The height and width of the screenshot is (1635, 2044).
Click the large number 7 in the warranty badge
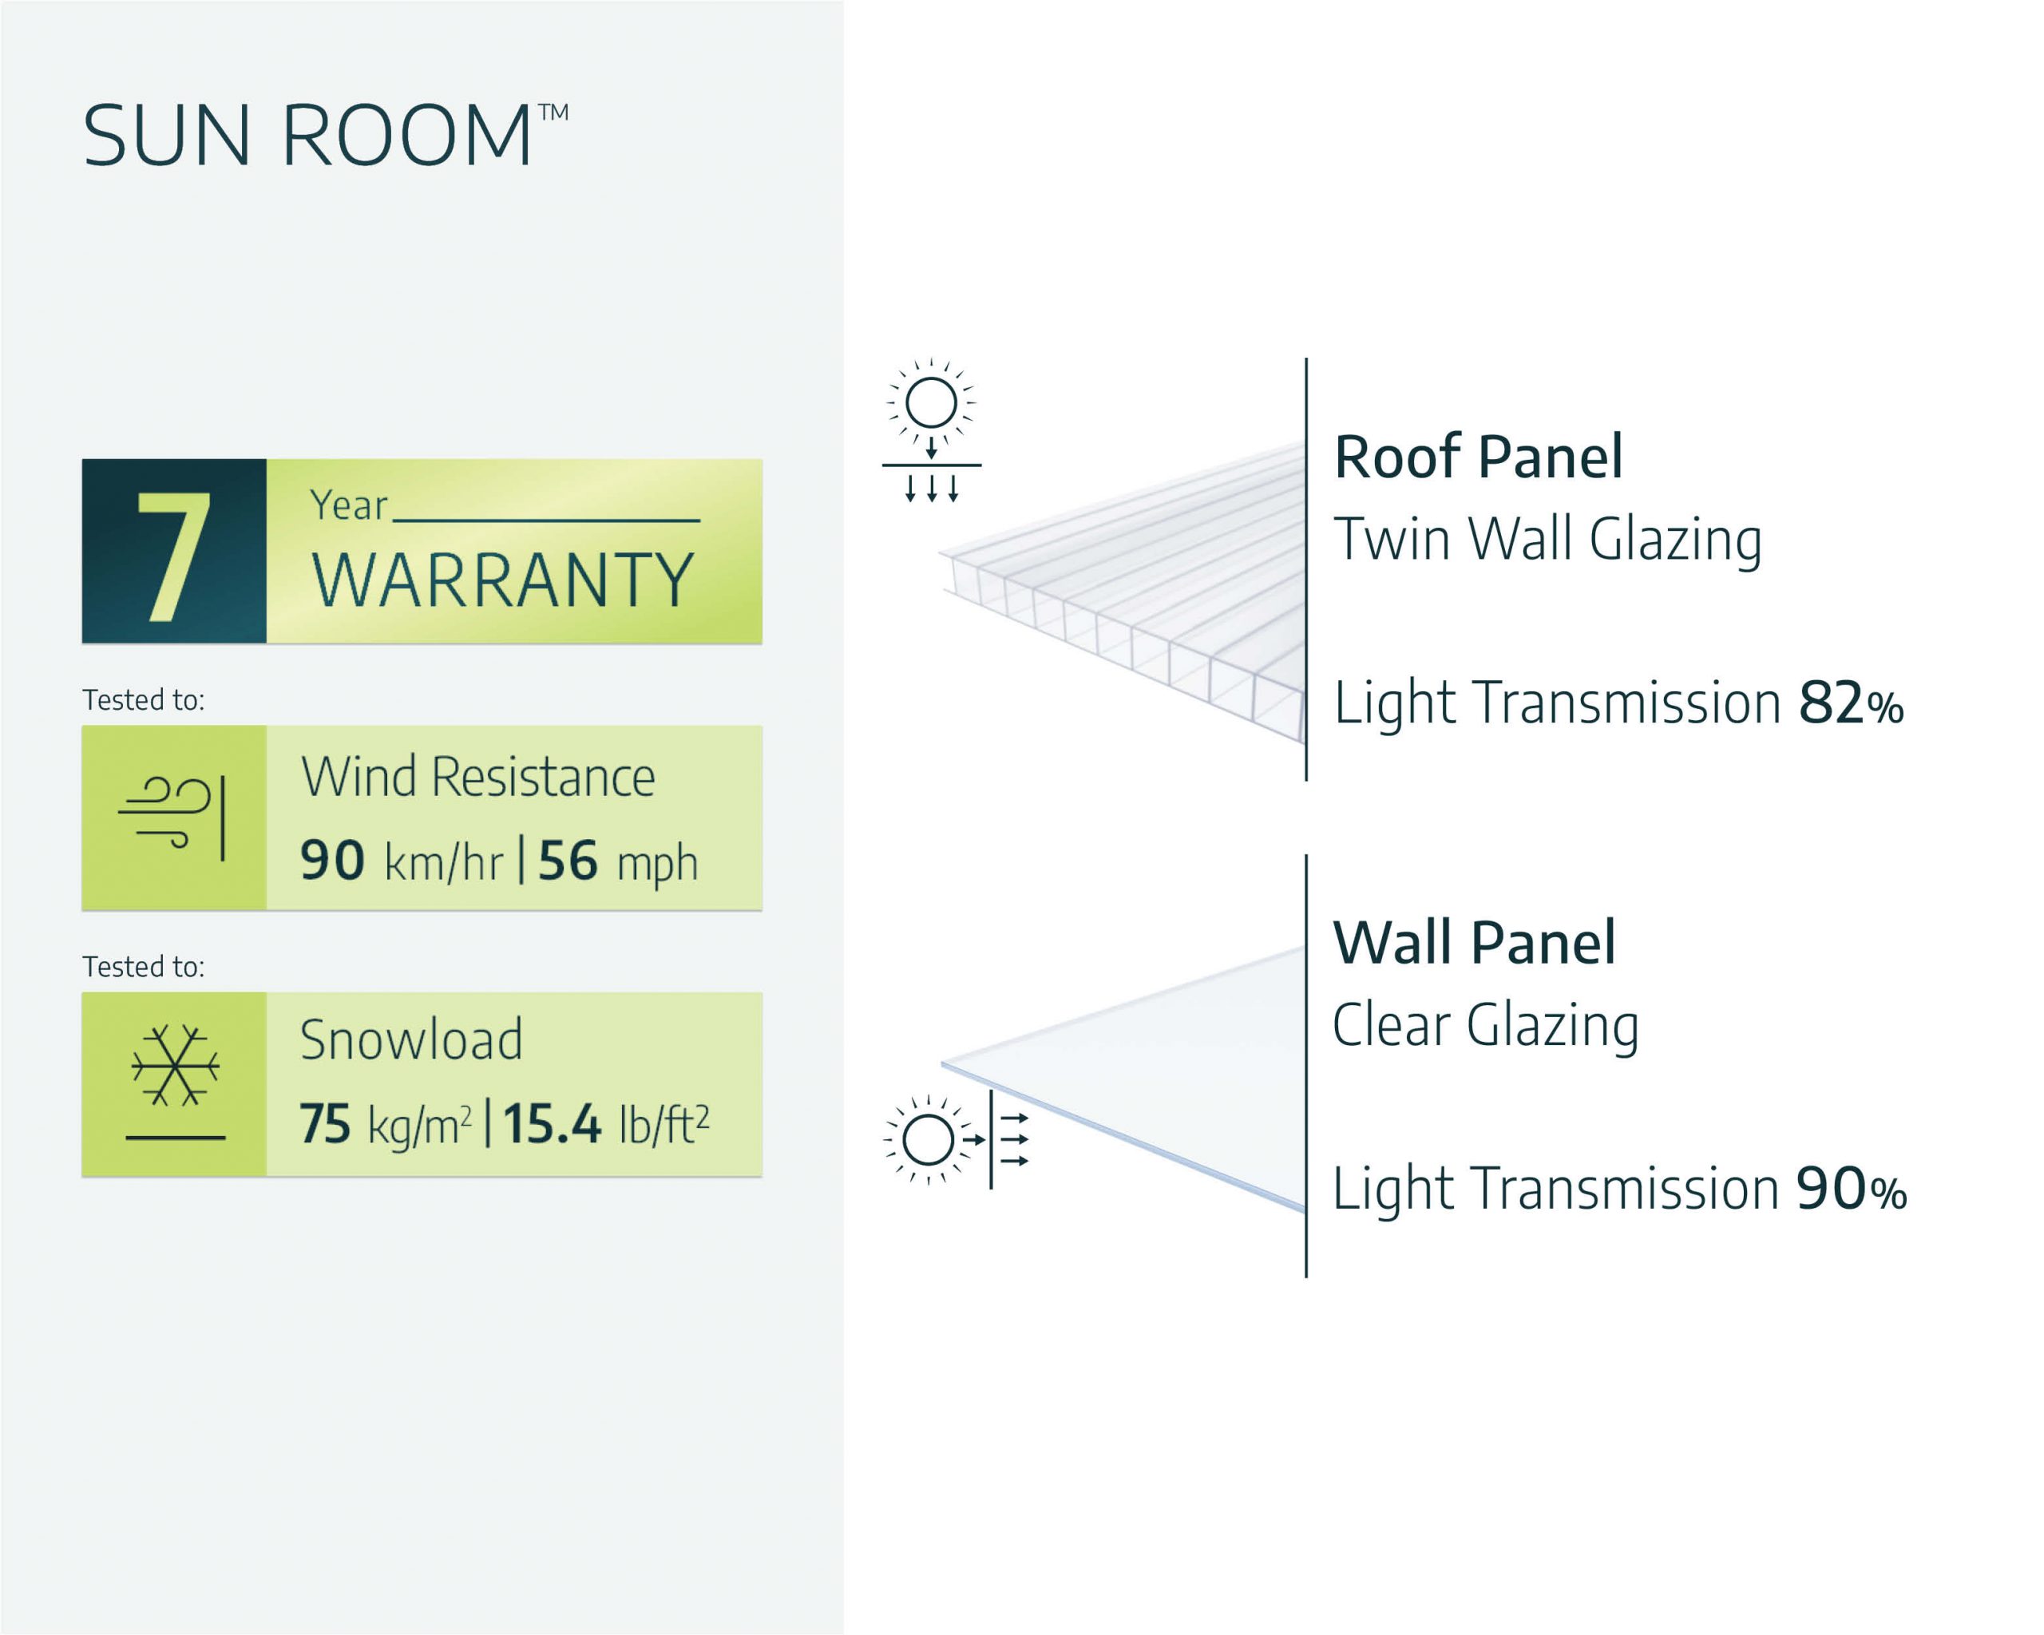tap(173, 556)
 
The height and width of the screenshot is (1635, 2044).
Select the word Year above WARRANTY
tap(349, 506)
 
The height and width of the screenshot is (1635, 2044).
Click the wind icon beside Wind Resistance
tap(172, 817)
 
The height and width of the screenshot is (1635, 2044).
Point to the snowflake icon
tap(176, 1067)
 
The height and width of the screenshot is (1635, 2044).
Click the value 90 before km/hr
tap(333, 861)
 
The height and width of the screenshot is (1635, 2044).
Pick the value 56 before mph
tap(568, 861)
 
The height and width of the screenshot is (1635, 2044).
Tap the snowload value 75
tap(325, 1124)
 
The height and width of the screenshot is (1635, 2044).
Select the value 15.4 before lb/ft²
tap(552, 1124)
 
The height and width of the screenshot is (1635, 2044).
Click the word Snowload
tap(411, 1039)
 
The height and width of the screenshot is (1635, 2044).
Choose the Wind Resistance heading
tap(477, 778)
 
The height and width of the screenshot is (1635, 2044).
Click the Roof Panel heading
tap(1478, 457)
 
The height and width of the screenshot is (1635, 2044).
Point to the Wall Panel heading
tap(1474, 943)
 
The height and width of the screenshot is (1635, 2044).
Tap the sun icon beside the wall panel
tap(928, 1139)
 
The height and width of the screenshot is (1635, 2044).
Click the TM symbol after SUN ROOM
tap(553, 113)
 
